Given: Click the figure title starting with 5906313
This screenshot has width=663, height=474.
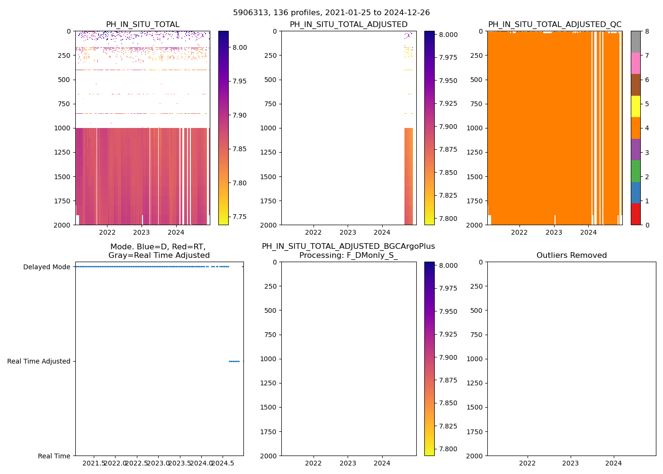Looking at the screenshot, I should [x=331, y=13].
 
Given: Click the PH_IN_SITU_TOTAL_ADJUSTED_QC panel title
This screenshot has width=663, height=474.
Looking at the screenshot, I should [x=555, y=25].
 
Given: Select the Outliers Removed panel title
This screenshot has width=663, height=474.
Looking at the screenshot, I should [x=571, y=255].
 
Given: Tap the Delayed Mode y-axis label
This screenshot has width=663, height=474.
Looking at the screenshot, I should [x=46, y=267].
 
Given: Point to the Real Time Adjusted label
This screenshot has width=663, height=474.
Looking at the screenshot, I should [x=39, y=361].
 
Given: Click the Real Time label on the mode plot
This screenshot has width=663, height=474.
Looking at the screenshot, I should [x=54, y=456].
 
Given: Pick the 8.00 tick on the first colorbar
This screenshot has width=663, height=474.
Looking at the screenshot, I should [x=240, y=47].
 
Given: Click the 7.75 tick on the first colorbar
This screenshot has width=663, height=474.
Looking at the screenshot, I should [x=240, y=217].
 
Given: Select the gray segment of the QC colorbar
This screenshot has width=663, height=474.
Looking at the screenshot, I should [x=636, y=42].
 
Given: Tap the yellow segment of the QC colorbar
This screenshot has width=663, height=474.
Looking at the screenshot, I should [x=636, y=106].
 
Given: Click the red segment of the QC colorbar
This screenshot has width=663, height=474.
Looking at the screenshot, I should [x=636, y=214].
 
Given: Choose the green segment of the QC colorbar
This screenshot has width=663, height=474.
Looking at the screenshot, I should [x=636, y=171].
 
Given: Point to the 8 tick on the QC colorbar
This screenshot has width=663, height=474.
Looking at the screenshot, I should [x=647, y=31].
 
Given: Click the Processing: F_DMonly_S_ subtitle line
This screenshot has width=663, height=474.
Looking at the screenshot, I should [x=348, y=255].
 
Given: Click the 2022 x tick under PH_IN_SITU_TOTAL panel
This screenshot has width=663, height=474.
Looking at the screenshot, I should [x=107, y=232].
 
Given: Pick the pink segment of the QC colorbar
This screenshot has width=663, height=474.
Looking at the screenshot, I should [x=636, y=63].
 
